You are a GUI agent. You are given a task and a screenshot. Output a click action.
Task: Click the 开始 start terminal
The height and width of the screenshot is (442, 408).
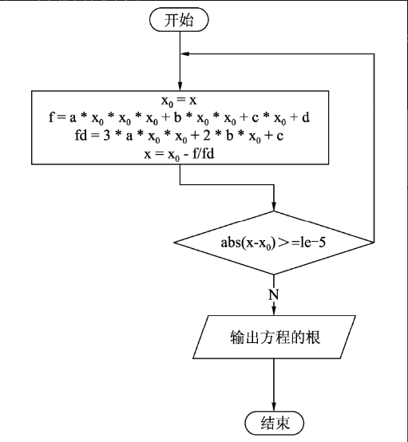click(x=180, y=20)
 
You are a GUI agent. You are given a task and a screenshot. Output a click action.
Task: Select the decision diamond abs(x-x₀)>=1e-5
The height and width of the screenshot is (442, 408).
click(x=274, y=241)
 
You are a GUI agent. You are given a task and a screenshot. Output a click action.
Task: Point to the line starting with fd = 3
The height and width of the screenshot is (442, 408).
click(x=180, y=136)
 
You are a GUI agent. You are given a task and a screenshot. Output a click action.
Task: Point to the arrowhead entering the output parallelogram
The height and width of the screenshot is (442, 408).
click(x=274, y=313)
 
